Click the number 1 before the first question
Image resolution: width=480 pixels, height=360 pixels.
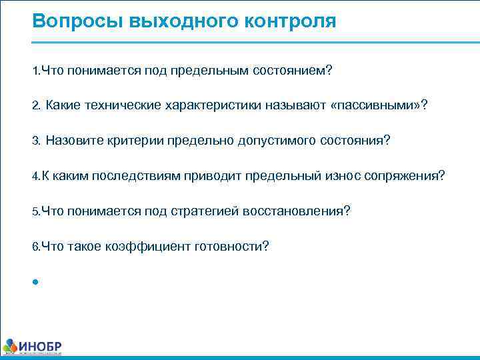tap(35, 71)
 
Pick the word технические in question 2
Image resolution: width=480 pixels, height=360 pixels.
tap(120, 106)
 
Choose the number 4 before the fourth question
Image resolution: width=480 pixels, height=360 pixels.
tap(35, 176)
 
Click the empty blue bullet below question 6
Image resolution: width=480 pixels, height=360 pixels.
tap(34, 281)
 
